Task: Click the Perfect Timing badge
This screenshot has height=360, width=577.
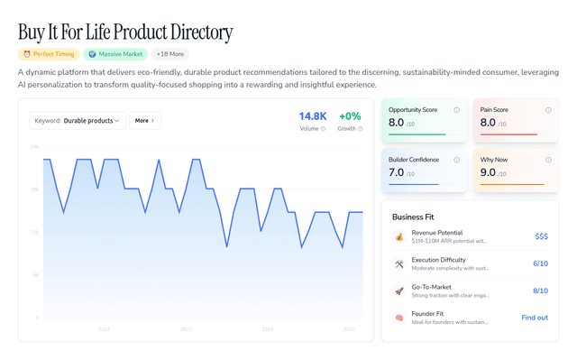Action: click(x=48, y=54)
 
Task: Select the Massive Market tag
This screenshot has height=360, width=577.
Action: click(x=114, y=54)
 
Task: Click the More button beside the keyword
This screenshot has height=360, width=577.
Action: click(x=145, y=120)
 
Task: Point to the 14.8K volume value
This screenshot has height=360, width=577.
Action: click(x=313, y=116)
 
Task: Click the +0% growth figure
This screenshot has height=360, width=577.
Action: click(x=349, y=116)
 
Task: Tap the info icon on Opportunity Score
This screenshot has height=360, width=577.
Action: click(x=457, y=110)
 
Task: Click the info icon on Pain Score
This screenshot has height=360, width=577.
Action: click(x=548, y=110)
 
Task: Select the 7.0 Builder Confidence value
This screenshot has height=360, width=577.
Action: click(x=397, y=172)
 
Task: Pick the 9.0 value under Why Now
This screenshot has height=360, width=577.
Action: click(x=488, y=172)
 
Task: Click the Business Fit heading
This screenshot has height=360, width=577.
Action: click(x=418, y=217)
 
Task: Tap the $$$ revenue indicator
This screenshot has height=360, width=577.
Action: click(x=541, y=236)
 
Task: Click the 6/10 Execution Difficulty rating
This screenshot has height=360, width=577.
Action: click(x=540, y=263)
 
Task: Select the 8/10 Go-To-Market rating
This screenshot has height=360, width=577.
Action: click(x=540, y=291)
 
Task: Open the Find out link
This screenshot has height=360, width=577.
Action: click(x=535, y=318)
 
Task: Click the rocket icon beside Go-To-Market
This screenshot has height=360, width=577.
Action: click(x=399, y=291)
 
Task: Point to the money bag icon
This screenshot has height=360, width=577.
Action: click(x=399, y=236)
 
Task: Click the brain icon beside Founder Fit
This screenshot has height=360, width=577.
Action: click(x=399, y=318)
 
